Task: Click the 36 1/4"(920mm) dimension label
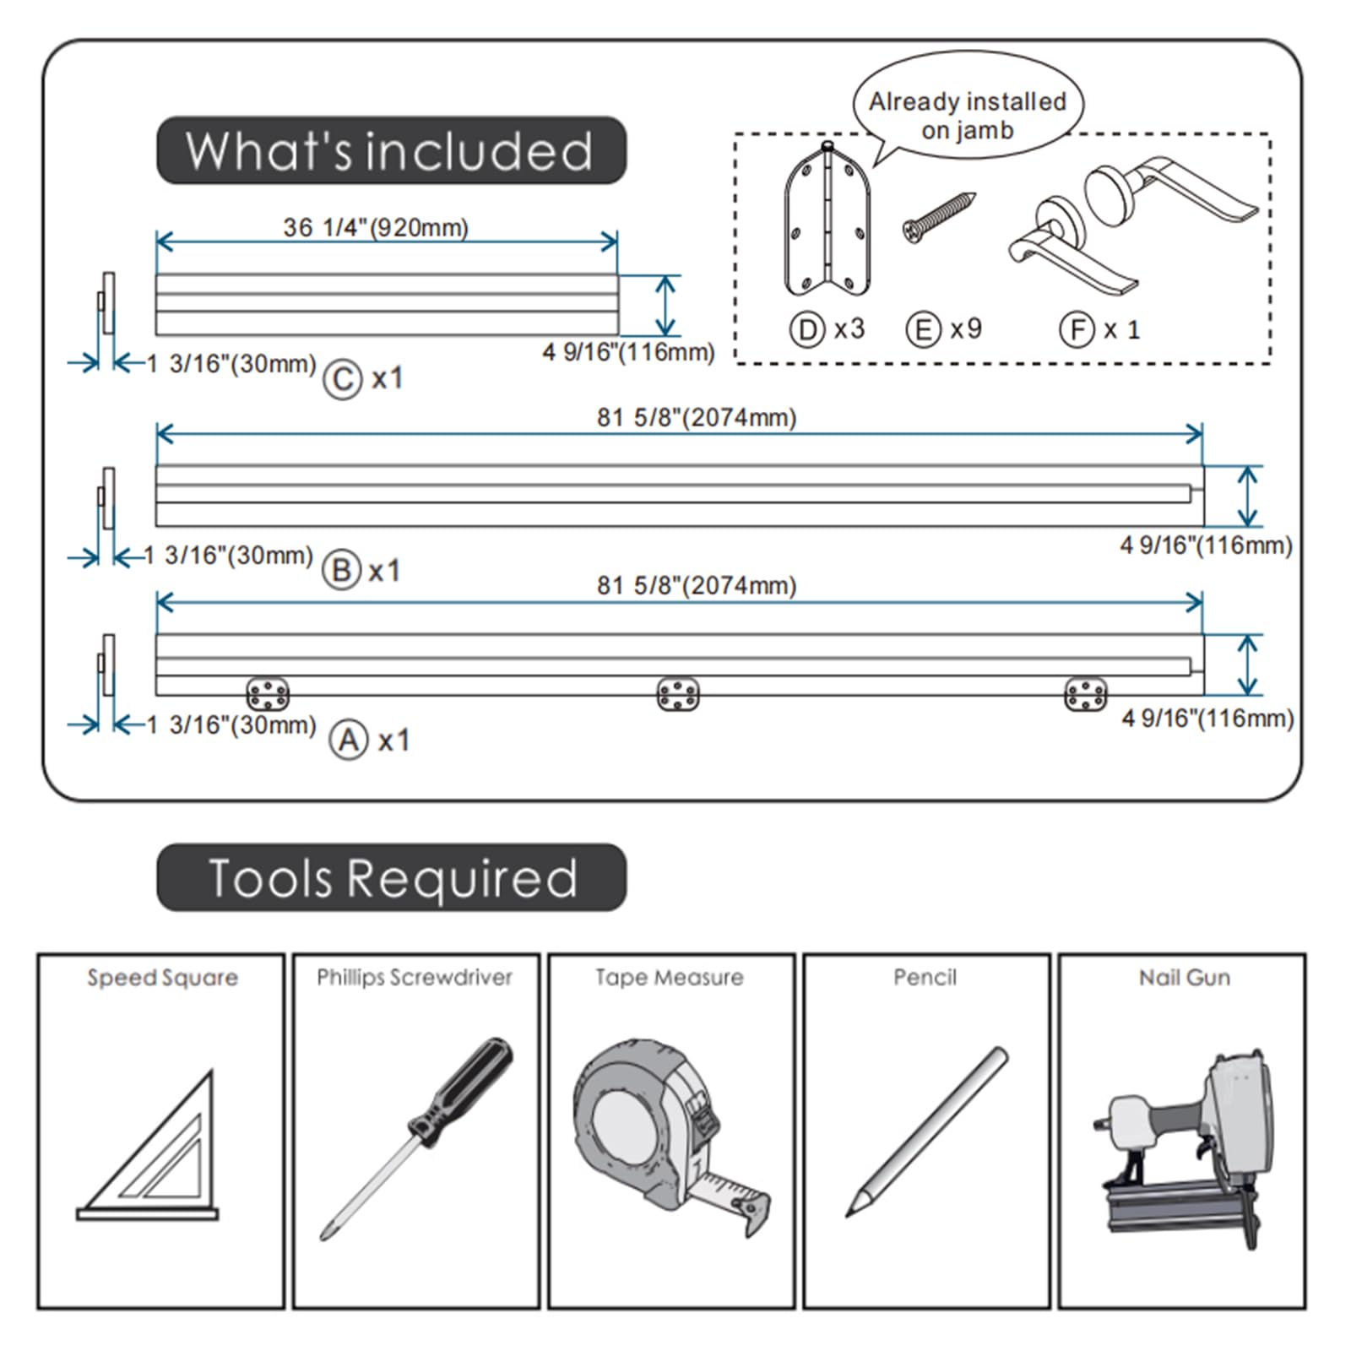click(376, 227)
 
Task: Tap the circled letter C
click(343, 380)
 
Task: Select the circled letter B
click(342, 571)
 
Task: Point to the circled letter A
click(349, 741)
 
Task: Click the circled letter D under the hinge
click(807, 329)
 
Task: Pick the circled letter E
click(924, 329)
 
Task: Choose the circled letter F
click(1077, 329)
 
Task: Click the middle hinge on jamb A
click(678, 694)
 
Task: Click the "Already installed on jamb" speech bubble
click(968, 110)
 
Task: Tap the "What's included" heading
click(391, 150)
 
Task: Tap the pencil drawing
click(927, 1131)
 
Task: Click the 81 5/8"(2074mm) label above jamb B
click(697, 417)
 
